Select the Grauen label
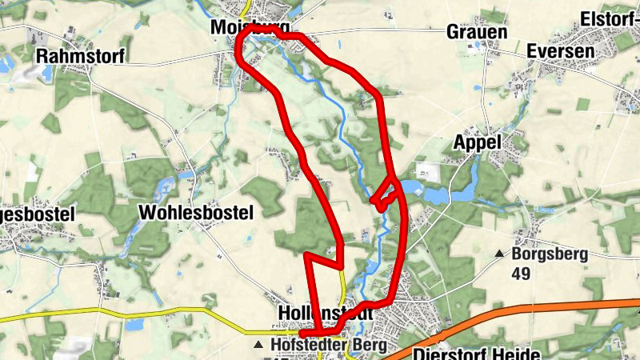(477, 32)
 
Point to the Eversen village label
(561, 51)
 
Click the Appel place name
(477, 142)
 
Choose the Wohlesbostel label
(196, 213)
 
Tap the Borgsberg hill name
(550, 255)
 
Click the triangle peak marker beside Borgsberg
(499, 254)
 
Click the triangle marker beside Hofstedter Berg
(258, 346)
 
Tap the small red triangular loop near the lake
(386, 195)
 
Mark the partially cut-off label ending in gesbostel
(38, 215)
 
